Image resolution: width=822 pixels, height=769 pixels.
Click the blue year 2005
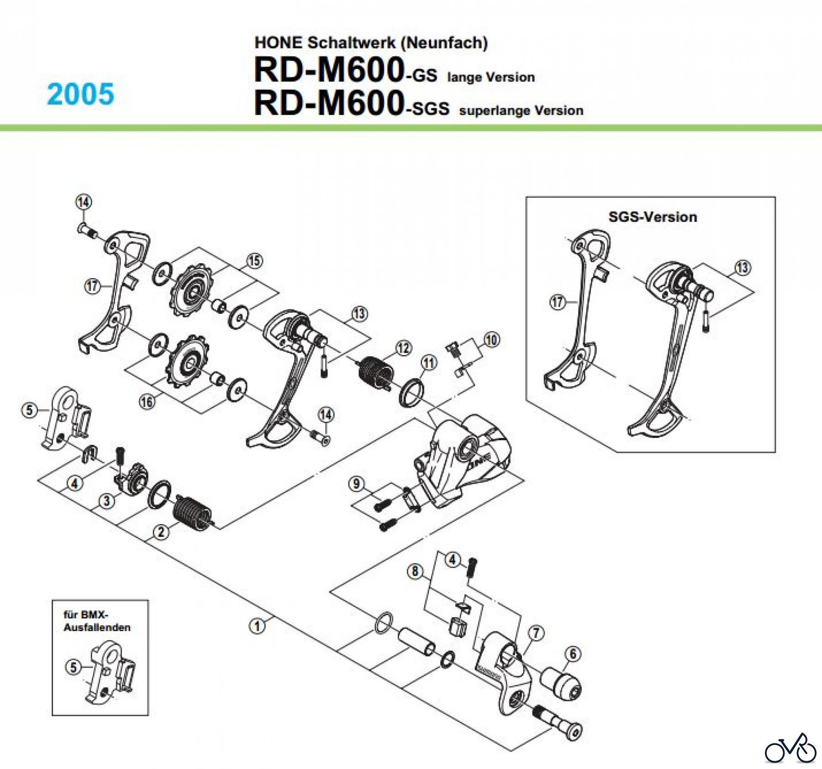[80, 95]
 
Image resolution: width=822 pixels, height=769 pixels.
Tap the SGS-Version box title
[653, 217]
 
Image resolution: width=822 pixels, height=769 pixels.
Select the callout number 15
[254, 261]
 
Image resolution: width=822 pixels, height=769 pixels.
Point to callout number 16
[147, 402]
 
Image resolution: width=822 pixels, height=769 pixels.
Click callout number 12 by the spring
[403, 348]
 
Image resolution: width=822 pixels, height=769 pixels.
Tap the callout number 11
[428, 363]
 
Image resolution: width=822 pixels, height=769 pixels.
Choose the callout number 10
[491, 340]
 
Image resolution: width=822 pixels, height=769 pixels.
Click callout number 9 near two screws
[357, 484]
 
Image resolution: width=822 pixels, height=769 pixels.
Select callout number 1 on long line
[257, 626]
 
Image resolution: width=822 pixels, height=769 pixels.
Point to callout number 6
[574, 654]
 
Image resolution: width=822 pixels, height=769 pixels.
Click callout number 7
[536, 633]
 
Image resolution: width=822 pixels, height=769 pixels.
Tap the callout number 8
[415, 571]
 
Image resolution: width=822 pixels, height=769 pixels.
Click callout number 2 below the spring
[161, 532]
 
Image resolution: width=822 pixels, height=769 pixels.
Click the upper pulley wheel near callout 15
[191, 291]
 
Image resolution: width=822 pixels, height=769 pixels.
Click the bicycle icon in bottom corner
[790, 749]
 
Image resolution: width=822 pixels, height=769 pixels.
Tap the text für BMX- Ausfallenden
[97, 621]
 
